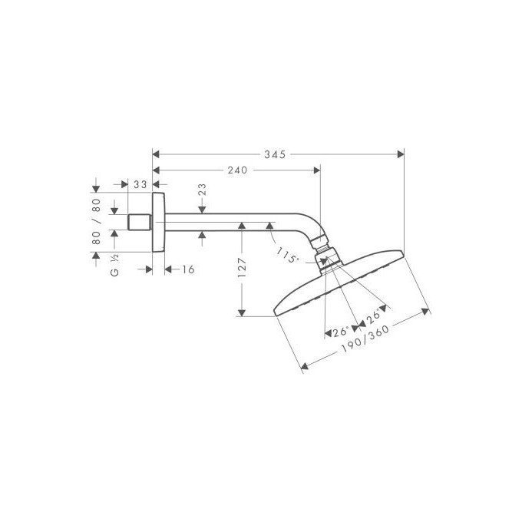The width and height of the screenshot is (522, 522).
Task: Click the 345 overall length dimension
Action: tap(273, 154)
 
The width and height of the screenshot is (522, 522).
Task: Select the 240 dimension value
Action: tap(237, 170)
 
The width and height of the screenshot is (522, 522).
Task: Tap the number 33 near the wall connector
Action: tap(140, 185)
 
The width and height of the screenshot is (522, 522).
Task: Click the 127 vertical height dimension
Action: tap(242, 267)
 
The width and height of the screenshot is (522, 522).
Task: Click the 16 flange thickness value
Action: tap(188, 269)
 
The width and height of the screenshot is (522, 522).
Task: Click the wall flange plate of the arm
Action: tap(159, 222)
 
